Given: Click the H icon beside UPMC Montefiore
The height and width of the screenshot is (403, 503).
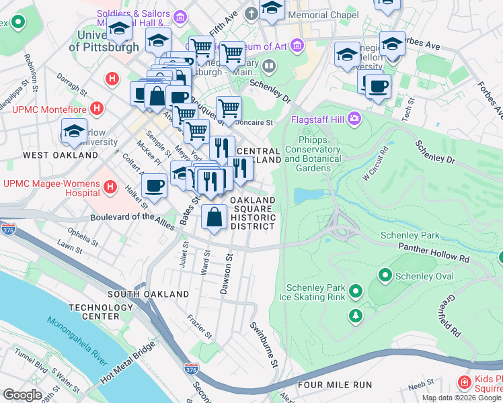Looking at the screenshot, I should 98,108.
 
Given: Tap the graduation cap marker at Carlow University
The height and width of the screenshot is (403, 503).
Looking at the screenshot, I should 74,132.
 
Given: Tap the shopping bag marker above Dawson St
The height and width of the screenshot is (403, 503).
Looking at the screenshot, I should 215,218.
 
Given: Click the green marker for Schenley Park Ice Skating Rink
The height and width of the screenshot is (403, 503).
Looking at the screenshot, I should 355,292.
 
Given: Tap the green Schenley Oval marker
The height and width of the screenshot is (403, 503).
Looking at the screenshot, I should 385,275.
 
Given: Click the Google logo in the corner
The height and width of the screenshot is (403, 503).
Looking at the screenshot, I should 22,394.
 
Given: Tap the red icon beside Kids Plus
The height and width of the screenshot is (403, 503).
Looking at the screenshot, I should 464,383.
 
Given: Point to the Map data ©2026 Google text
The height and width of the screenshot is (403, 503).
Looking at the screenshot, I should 461,398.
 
